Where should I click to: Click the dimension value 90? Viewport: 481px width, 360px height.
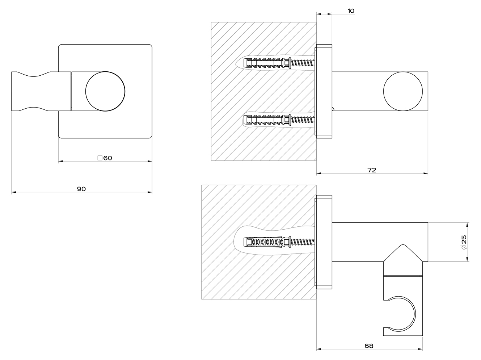click(x=81, y=189)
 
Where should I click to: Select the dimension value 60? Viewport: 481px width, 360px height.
click(x=107, y=158)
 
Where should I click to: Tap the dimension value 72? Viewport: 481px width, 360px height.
click(x=372, y=170)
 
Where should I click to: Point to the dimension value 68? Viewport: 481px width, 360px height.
click(x=369, y=346)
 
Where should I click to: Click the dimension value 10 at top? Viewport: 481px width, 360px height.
click(x=351, y=11)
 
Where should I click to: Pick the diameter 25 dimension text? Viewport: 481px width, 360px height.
click(x=464, y=242)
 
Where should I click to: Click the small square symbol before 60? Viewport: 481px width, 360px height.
click(x=100, y=158)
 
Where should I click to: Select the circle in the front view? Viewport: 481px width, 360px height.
click(x=105, y=91)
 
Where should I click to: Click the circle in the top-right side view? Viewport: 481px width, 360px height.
click(x=403, y=91)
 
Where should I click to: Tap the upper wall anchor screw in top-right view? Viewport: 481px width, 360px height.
click(x=279, y=63)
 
